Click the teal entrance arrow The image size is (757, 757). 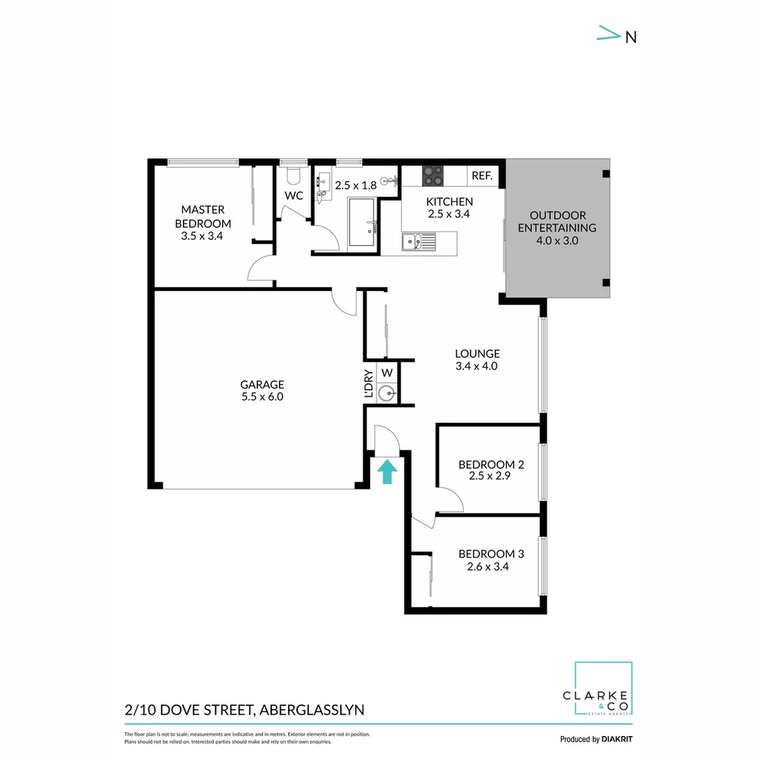pyautogui.click(x=386, y=471)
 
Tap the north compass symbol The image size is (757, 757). pyautogui.click(x=618, y=36)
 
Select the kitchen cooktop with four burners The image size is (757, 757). pyautogui.click(x=432, y=175)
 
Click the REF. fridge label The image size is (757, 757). pyautogui.click(x=482, y=176)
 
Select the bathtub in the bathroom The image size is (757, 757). pyautogui.click(x=362, y=222)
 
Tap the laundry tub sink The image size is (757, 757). pyautogui.click(x=387, y=393)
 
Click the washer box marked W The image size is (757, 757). pyautogui.click(x=387, y=371)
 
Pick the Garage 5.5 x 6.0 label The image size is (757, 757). pyautogui.click(x=262, y=390)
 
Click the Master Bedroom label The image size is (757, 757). pyautogui.click(x=203, y=223)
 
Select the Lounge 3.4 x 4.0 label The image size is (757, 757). pyautogui.click(x=477, y=360)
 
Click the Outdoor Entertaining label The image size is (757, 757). pyautogui.click(x=557, y=228)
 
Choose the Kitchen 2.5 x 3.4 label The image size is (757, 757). pyautogui.click(x=449, y=208)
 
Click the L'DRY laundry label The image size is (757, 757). pyautogui.click(x=369, y=383)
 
